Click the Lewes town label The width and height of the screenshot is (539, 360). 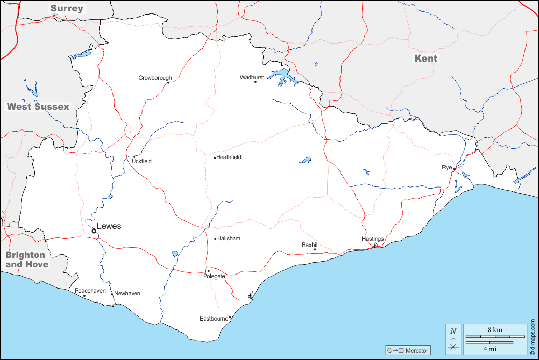(x=109, y=226)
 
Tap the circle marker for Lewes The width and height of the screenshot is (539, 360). (x=94, y=231)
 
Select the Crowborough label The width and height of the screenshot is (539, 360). (x=155, y=78)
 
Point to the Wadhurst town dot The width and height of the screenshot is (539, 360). (x=255, y=82)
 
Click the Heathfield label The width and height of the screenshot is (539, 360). (x=229, y=157)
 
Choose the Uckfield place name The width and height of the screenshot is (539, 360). (x=141, y=161)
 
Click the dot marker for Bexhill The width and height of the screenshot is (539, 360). (x=315, y=250)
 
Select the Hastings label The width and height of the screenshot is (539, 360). (x=373, y=239)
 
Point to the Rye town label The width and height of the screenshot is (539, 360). (x=446, y=167)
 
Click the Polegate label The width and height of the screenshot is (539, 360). (x=214, y=276)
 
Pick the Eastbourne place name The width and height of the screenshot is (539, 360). (x=214, y=319)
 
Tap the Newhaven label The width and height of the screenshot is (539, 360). (x=127, y=293)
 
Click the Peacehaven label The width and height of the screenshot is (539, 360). (x=90, y=291)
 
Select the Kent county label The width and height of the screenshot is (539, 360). (x=426, y=59)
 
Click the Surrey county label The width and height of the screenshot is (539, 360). (x=66, y=8)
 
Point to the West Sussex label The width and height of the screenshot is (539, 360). (x=38, y=107)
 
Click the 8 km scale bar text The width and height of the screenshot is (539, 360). (x=494, y=329)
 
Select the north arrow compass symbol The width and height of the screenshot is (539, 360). (x=453, y=339)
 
